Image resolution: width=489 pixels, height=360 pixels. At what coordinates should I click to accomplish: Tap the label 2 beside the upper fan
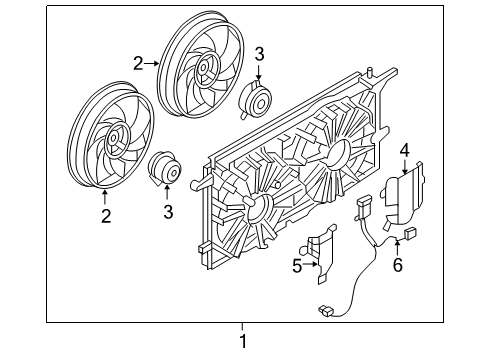(x=139, y=63)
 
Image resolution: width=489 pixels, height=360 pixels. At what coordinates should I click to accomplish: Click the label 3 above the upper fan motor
(x=258, y=53)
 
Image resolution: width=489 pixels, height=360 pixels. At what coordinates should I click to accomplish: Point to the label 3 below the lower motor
(x=167, y=211)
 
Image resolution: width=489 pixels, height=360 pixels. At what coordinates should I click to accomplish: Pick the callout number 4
(x=404, y=151)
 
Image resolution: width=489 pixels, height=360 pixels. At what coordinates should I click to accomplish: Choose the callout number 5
(x=296, y=266)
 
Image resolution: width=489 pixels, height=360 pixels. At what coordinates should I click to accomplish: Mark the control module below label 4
(x=401, y=200)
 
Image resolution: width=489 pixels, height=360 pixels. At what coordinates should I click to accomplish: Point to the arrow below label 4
(x=404, y=166)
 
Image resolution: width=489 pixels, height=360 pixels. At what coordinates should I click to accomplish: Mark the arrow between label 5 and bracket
(x=308, y=266)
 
